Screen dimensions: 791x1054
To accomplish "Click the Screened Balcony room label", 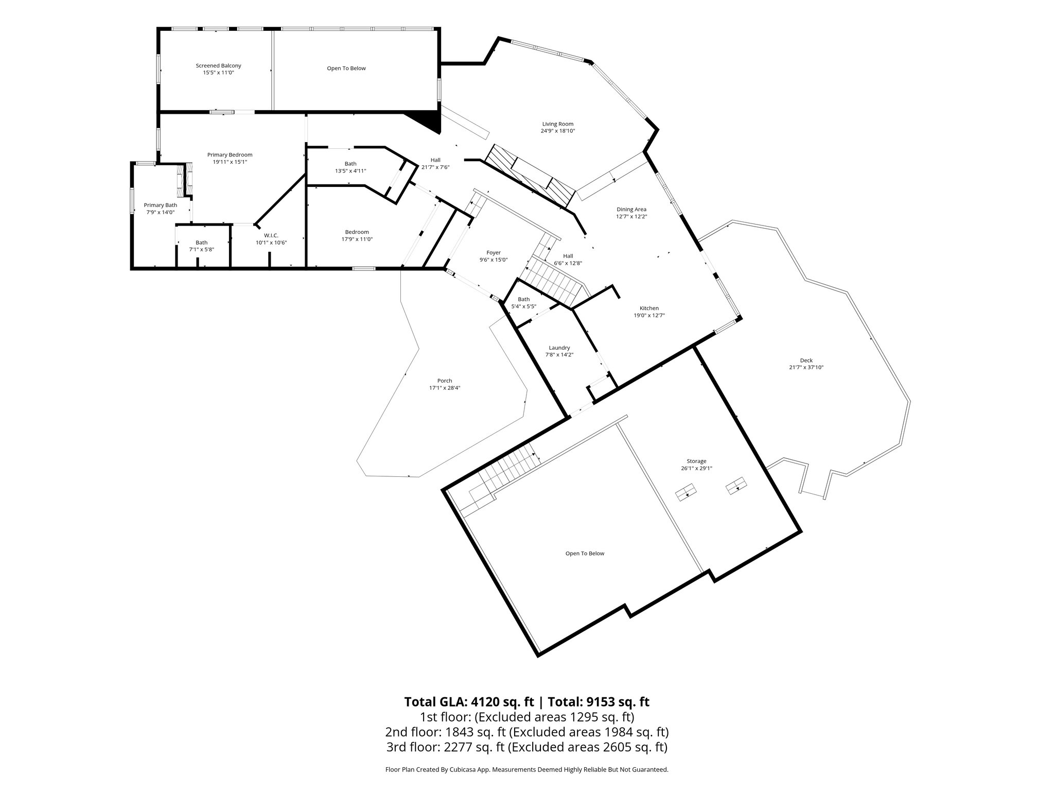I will [x=218, y=66].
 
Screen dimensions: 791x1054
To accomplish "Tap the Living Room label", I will [x=557, y=124].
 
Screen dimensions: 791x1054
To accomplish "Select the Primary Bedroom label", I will [x=230, y=155].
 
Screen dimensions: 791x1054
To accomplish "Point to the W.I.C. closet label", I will [x=271, y=235].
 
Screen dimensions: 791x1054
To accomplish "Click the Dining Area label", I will [x=631, y=210].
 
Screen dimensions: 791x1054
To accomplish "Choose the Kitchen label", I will [x=649, y=308].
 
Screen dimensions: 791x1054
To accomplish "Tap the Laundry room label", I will [x=559, y=348].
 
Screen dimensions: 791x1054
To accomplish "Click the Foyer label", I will [x=494, y=253].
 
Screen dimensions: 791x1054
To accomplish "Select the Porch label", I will [x=445, y=381].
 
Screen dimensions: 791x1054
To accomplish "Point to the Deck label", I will [x=806, y=360].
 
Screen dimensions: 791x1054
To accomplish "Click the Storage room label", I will [x=696, y=461].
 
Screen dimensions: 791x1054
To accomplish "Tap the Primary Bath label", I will [x=160, y=205].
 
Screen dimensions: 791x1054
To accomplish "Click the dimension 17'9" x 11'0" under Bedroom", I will [x=357, y=239].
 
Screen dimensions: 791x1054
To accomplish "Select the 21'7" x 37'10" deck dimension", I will [x=806, y=368].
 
